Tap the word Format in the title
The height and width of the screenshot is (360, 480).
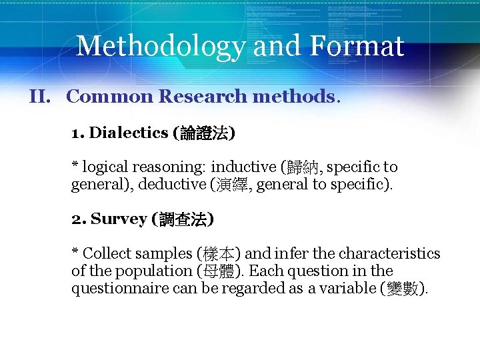356,46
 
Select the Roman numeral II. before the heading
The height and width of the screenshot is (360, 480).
41,97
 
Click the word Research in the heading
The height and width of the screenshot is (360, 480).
202,97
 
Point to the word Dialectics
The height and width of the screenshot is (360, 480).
129,133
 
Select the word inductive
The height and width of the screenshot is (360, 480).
244,167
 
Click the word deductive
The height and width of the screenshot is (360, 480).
171,184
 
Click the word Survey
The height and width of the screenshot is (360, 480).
119,219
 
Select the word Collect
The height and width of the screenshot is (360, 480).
107,254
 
